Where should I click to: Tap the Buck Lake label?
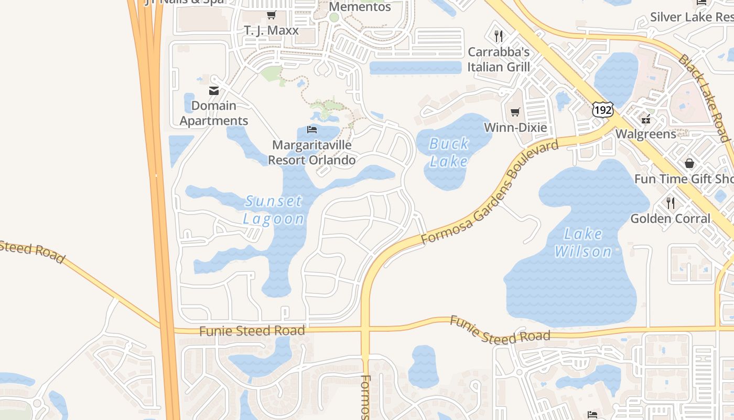click(448, 152)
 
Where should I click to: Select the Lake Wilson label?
click(583, 243)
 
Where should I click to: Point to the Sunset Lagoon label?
click(274, 209)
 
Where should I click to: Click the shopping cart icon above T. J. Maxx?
click(271, 15)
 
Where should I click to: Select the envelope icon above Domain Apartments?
click(214, 91)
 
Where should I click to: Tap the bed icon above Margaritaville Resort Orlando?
click(312, 129)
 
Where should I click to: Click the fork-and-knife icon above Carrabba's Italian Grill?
click(499, 36)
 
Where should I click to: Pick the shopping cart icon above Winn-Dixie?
click(515, 112)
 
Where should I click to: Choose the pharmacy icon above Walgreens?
click(645, 119)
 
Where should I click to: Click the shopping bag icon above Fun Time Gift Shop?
click(689, 163)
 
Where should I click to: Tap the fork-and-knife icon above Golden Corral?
click(670, 203)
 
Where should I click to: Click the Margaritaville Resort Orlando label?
click(312, 152)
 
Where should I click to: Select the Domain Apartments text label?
click(214, 113)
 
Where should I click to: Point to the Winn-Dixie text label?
click(515, 128)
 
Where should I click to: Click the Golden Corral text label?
click(670, 218)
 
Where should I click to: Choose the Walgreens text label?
click(645, 134)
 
